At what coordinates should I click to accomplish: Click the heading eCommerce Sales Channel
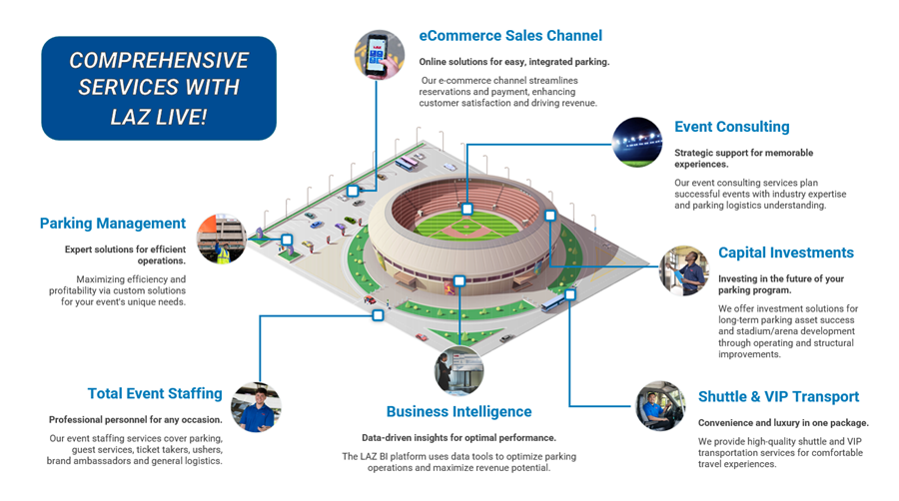(510, 36)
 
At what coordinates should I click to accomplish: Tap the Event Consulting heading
(731, 127)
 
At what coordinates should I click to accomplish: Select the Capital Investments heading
(786, 252)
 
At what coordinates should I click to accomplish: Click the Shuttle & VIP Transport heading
(778, 397)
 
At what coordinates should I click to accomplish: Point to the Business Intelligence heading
(458, 412)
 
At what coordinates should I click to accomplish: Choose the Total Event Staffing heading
(155, 394)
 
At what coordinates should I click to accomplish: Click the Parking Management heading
(112, 224)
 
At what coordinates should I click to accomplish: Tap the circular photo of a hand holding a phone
(379, 55)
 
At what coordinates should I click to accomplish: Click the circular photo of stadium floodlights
(637, 143)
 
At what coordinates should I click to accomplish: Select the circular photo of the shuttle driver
(660, 406)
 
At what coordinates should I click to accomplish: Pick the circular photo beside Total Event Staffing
(256, 407)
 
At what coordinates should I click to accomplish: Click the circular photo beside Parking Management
(222, 239)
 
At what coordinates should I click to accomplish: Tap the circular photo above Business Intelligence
(458, 371)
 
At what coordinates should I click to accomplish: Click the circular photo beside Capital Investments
(684, 270)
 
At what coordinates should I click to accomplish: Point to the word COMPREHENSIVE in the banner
(159, 60)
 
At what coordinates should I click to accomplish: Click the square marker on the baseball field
(467, 209)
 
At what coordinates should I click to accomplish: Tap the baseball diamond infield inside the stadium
(466, 228)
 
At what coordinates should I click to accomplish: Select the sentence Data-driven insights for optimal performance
(458, 438)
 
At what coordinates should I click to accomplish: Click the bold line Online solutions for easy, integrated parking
(514, 62)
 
